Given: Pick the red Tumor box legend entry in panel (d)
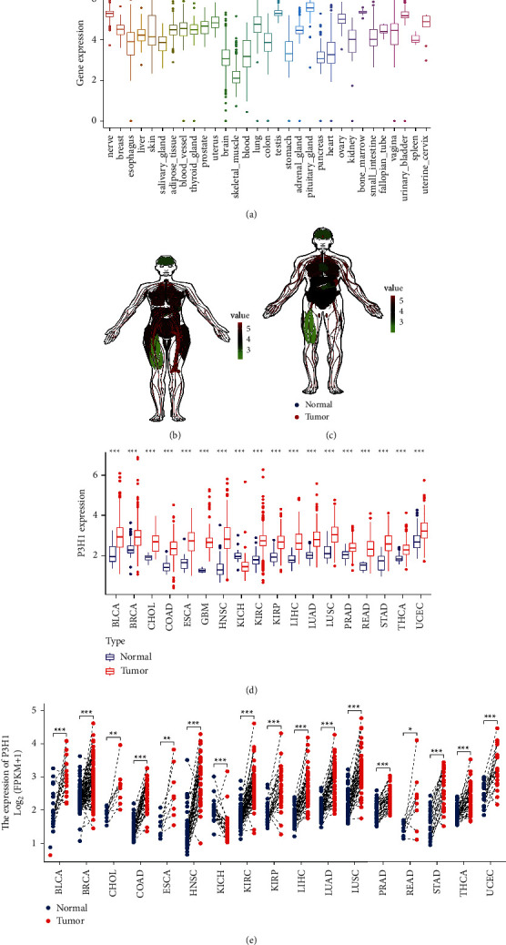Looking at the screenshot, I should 115,671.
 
